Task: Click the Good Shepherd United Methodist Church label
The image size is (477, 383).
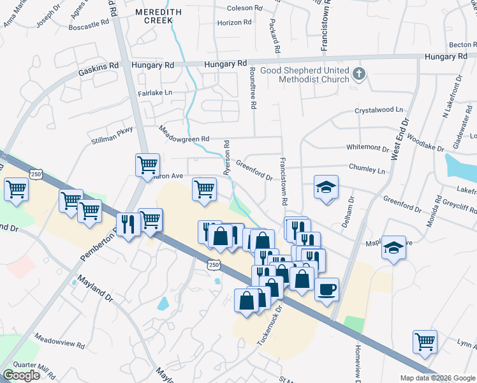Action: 313,75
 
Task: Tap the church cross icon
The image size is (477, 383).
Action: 359,74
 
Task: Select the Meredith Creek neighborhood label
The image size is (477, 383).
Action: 154,16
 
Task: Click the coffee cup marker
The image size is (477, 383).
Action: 327,289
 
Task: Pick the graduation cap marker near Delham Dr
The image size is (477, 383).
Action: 326,188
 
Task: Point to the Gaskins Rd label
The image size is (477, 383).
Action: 98,66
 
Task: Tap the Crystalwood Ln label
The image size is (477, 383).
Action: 379,110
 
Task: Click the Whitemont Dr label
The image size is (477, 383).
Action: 367,147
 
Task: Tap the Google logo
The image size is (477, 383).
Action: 21,375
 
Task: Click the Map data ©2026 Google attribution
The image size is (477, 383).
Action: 437,378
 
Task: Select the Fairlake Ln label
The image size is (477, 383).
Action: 155,93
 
